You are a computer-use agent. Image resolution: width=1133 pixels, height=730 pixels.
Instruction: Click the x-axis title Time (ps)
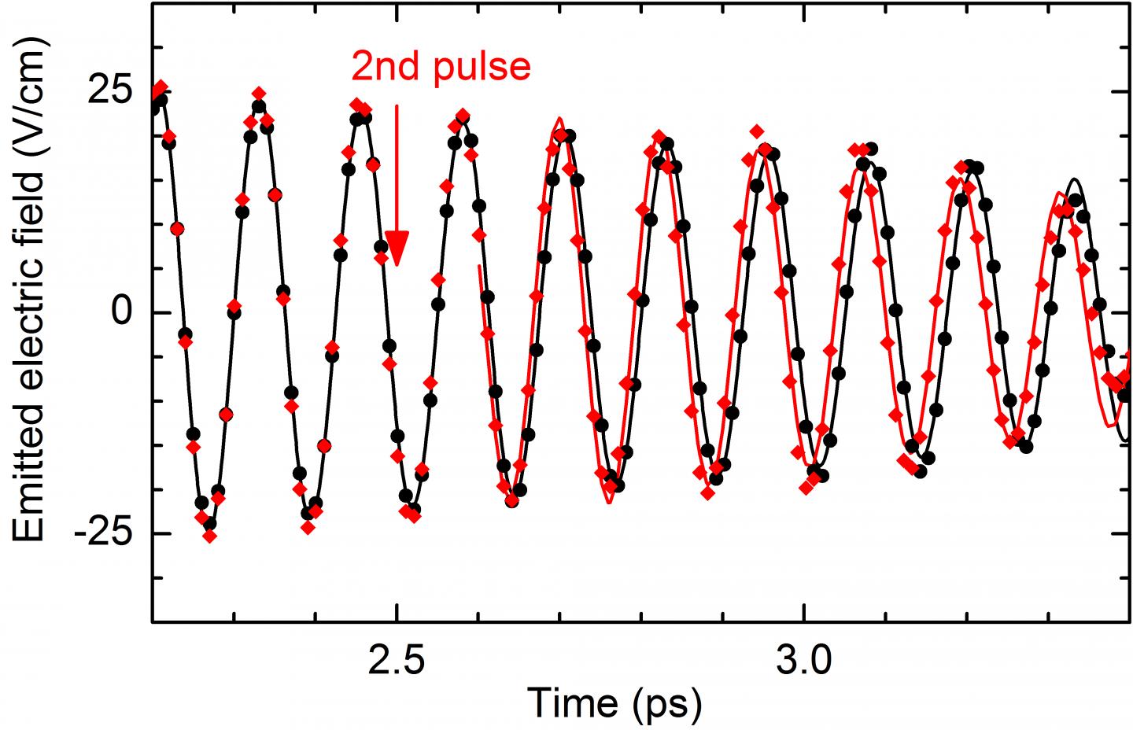click(x=614, y=702)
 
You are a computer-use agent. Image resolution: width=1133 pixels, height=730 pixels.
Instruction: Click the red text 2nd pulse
click(x=441, y=68)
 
